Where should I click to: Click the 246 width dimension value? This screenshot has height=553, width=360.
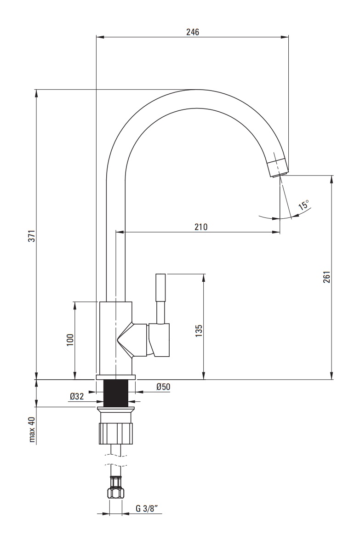(192, 32)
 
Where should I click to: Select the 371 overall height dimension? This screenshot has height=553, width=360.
(32, 236)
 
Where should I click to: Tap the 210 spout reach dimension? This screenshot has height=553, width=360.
(201, 227)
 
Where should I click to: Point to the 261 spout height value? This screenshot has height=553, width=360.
(326, 277)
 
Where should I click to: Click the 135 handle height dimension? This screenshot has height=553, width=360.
(199, 331)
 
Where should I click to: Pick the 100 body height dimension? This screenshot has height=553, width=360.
(70, 340)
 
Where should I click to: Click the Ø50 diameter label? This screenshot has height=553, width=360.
(163, 387)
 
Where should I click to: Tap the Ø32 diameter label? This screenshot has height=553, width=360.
(77, 397)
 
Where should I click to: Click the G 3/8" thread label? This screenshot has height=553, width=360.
(147, 508)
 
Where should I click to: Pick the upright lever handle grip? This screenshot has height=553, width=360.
(160, 287)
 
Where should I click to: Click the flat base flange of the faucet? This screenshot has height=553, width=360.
(115, 377)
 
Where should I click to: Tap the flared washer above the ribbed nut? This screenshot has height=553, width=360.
(115, 410)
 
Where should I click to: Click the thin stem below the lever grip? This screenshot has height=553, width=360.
(160, 312)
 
